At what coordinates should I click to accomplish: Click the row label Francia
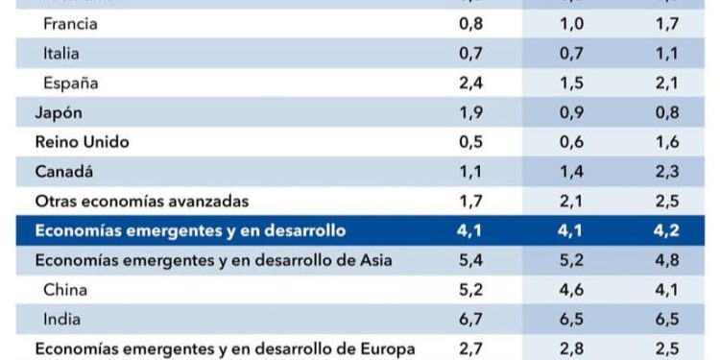pyautogui.click(x=70, y=23)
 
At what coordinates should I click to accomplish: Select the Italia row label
pyautogui.click(x=62, y=53)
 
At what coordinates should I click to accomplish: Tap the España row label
pyautogui.click(x=71, y=83)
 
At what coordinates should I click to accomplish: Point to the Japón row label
pyautogui.click(x=59, y=112)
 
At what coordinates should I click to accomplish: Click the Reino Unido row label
pyautogui.click(x=82, y=142)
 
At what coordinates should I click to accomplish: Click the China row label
pyautogui.click(x=65, y=290)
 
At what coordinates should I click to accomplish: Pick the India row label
pyautogui.click(x=61, y=320)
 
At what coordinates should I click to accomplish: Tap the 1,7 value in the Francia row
pyautogui.click(x=667, y=23)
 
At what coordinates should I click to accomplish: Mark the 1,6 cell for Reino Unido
pyautogui.click(x=667, y=142)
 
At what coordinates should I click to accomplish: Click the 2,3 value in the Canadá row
pyautogui.click(x=667, y=172)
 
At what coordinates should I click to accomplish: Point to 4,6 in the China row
pyautogui.click(x=571, y=290)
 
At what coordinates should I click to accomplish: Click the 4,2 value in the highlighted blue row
pyautogui.click(x=667, y=230)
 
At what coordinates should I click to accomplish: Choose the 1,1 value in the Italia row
pyautogui.click(x=667, y=53)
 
